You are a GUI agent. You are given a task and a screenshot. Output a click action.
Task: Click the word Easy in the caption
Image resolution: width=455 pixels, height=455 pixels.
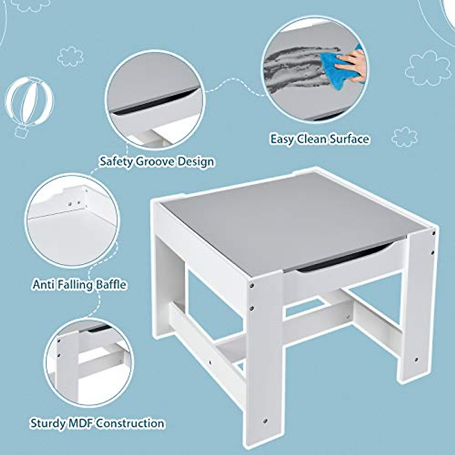282,139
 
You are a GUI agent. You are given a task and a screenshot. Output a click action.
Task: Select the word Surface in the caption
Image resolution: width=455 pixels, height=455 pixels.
349,139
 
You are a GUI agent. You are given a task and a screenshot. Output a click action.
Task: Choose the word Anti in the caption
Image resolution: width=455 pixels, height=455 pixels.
42,284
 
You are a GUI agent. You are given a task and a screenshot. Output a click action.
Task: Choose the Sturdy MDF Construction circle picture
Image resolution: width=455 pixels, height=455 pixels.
89,362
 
